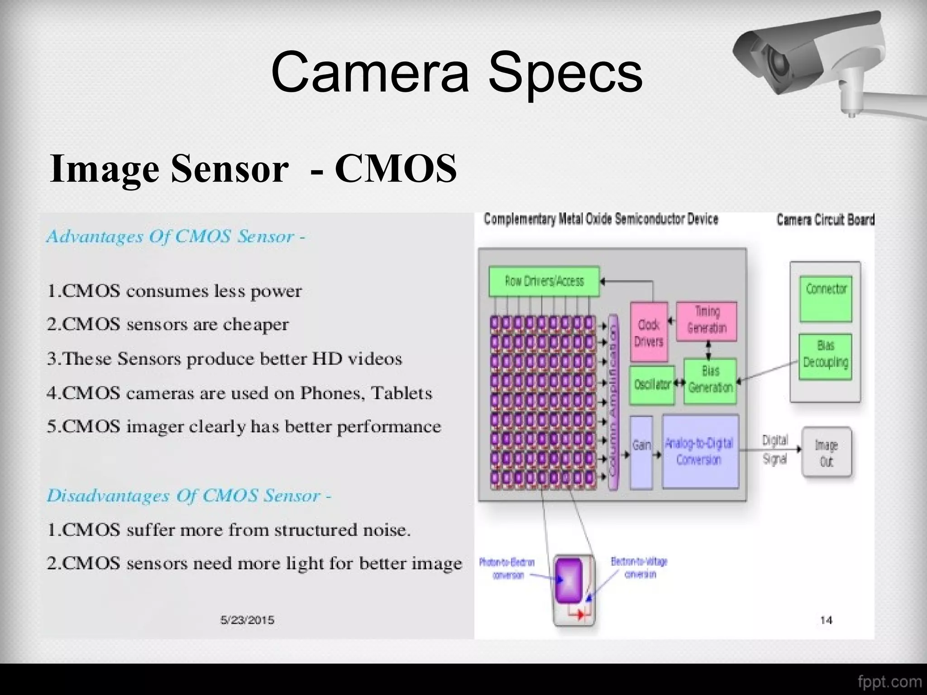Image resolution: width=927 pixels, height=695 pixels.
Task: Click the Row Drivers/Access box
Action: pos(544,281)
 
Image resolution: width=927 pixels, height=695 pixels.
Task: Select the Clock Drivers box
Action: pos(649,333)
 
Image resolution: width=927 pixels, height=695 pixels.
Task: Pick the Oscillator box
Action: pos(652,385)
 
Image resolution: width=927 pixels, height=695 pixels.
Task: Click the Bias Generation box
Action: pos(710,380)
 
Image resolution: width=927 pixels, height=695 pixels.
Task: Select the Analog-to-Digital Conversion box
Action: pos(699,452)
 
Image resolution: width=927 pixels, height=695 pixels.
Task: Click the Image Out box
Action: pos(826,452)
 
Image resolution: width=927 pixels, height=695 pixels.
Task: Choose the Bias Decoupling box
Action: pos(825,355)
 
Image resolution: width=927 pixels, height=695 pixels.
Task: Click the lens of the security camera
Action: pos(778,61)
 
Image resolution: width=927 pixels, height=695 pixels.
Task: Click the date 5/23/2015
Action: pos(247,620)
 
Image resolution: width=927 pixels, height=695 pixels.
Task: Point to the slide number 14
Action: pos(826,620)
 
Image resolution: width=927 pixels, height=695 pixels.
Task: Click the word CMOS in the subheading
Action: pos(395,168)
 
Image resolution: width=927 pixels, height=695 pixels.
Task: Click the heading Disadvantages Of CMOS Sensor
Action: pos(189,496)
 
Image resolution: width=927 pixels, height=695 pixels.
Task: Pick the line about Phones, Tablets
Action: pos(239,393)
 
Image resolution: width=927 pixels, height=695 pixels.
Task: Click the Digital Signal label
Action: pos(775,449)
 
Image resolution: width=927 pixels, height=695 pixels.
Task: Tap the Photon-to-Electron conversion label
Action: pos(507,568)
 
